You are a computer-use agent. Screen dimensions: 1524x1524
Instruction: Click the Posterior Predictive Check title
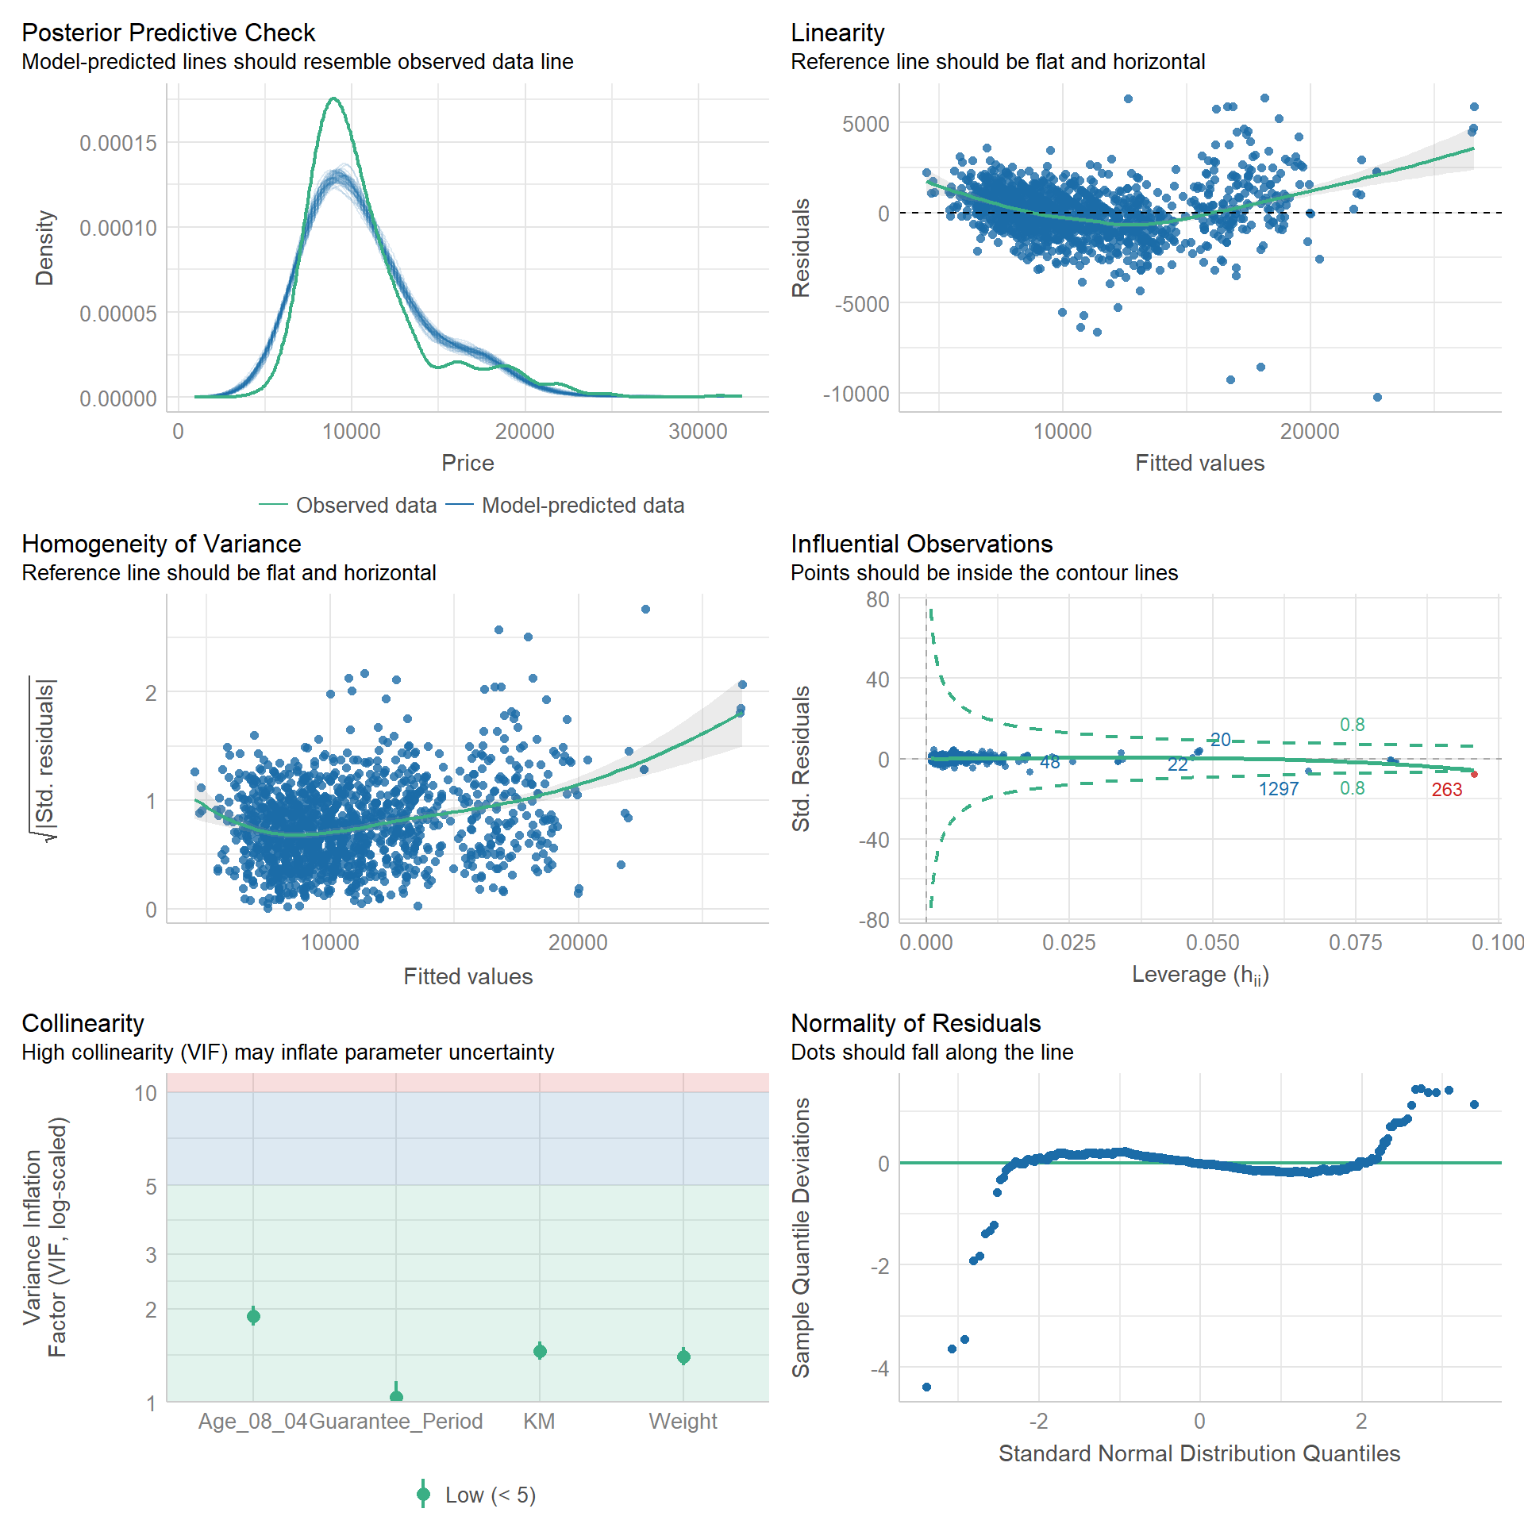[168, 33]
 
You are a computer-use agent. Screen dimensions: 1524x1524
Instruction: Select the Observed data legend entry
[366, 506]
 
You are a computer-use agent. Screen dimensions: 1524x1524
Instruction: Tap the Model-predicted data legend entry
[583, 506]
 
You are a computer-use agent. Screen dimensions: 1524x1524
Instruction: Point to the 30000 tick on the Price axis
[698, 432]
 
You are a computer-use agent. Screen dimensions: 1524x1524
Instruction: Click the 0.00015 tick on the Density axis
[118, 144]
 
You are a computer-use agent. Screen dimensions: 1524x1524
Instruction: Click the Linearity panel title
[837, 33]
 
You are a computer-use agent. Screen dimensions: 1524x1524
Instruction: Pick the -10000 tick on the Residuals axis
[856, 394]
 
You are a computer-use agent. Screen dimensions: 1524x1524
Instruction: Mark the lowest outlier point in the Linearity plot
[1377, 398]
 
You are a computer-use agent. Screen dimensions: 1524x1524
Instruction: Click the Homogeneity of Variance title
[161, 544]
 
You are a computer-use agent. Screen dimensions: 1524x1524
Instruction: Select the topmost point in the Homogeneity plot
[645, 610]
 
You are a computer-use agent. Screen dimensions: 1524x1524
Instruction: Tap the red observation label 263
[1446, 790]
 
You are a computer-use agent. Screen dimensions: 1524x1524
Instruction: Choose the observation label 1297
[1279, 789]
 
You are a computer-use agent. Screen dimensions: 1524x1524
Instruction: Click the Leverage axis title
[1200, 975]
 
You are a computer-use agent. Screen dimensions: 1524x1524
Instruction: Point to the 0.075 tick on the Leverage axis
[1355, 943]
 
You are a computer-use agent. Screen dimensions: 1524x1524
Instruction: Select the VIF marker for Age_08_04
[253, 1317]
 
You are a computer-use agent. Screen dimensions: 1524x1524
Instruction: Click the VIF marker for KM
[540, 1351]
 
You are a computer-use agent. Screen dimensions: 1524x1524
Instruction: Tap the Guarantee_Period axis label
[395, 1421]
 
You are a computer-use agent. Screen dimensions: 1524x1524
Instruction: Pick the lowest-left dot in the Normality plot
[926, 1387]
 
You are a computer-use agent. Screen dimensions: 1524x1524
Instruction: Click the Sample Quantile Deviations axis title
[802, 1237]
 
